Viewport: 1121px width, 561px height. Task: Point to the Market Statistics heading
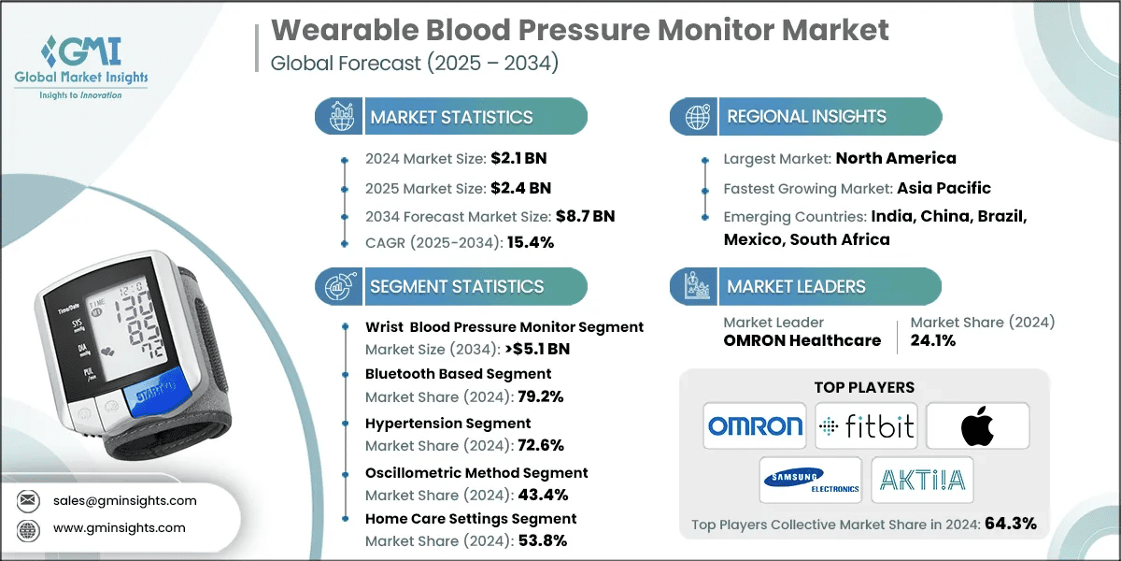pyautogui.click(x=451, y=117)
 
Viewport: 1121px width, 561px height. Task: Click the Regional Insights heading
pyautogui.click(x=806, y=117)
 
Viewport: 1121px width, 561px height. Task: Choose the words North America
pyautogui.click(x=896, y=158)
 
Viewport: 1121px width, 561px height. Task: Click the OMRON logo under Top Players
pyautogui.click(x=755, y=426)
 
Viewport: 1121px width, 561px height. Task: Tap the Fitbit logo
pyautogui.click(x=866, y=426)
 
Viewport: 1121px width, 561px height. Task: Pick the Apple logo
pyautogui.click(x=977, y=426)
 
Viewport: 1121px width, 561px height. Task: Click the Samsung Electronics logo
pyautogui.click(x=810, y=480)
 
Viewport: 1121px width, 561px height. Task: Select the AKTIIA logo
pyautogui.click(x=922, y=480)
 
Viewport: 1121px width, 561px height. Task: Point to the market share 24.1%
pyautogui.click(x=933, y=340)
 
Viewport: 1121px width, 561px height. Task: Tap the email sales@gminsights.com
pyautogui.click(x=125, y=500)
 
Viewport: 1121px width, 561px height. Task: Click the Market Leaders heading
pyautogui.click(x=796, y=287)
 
